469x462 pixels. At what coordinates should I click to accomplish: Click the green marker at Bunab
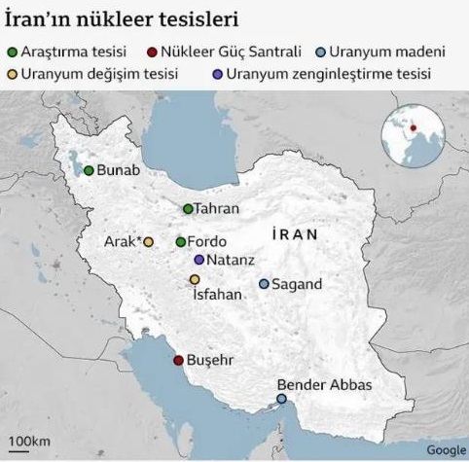89,170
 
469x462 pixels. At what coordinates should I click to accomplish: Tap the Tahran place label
215,208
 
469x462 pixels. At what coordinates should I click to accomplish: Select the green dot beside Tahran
188,208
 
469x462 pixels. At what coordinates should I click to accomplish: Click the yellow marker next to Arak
149,241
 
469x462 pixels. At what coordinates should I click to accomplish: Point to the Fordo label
206,241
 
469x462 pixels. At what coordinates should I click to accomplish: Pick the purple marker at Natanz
198,260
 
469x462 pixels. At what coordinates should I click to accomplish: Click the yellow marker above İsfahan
195,279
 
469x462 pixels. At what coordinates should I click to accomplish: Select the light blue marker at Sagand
264,283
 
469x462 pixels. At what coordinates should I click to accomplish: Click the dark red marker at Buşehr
177,360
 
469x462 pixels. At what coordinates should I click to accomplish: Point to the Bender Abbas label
324,384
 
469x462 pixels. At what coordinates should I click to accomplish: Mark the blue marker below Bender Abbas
282,398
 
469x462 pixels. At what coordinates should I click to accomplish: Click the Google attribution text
445,448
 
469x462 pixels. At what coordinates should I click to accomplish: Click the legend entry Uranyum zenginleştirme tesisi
341,73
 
